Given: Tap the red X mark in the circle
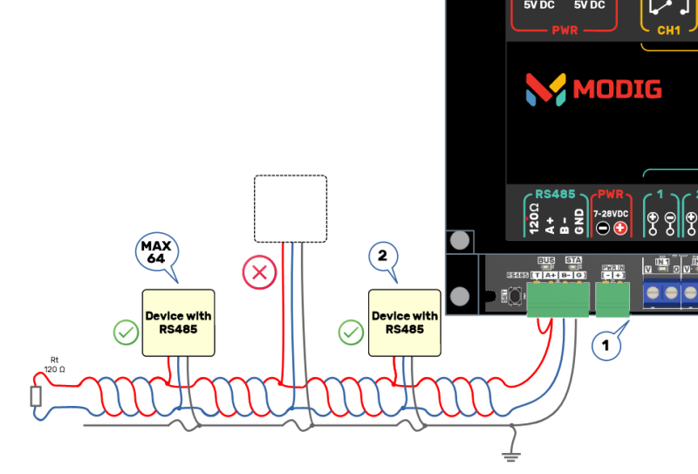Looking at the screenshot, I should (259, 273).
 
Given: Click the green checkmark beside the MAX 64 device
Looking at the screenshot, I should (127, 332).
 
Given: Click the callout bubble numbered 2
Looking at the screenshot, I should (382, 256).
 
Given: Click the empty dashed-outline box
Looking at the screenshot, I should (290, 208).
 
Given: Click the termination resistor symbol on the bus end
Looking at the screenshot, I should (36, 397).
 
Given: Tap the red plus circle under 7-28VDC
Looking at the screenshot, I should (620, 229).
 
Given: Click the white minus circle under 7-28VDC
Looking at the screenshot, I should (603, 229).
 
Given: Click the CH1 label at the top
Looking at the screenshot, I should (669, 30).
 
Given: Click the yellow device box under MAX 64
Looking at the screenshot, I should (178, 323).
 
